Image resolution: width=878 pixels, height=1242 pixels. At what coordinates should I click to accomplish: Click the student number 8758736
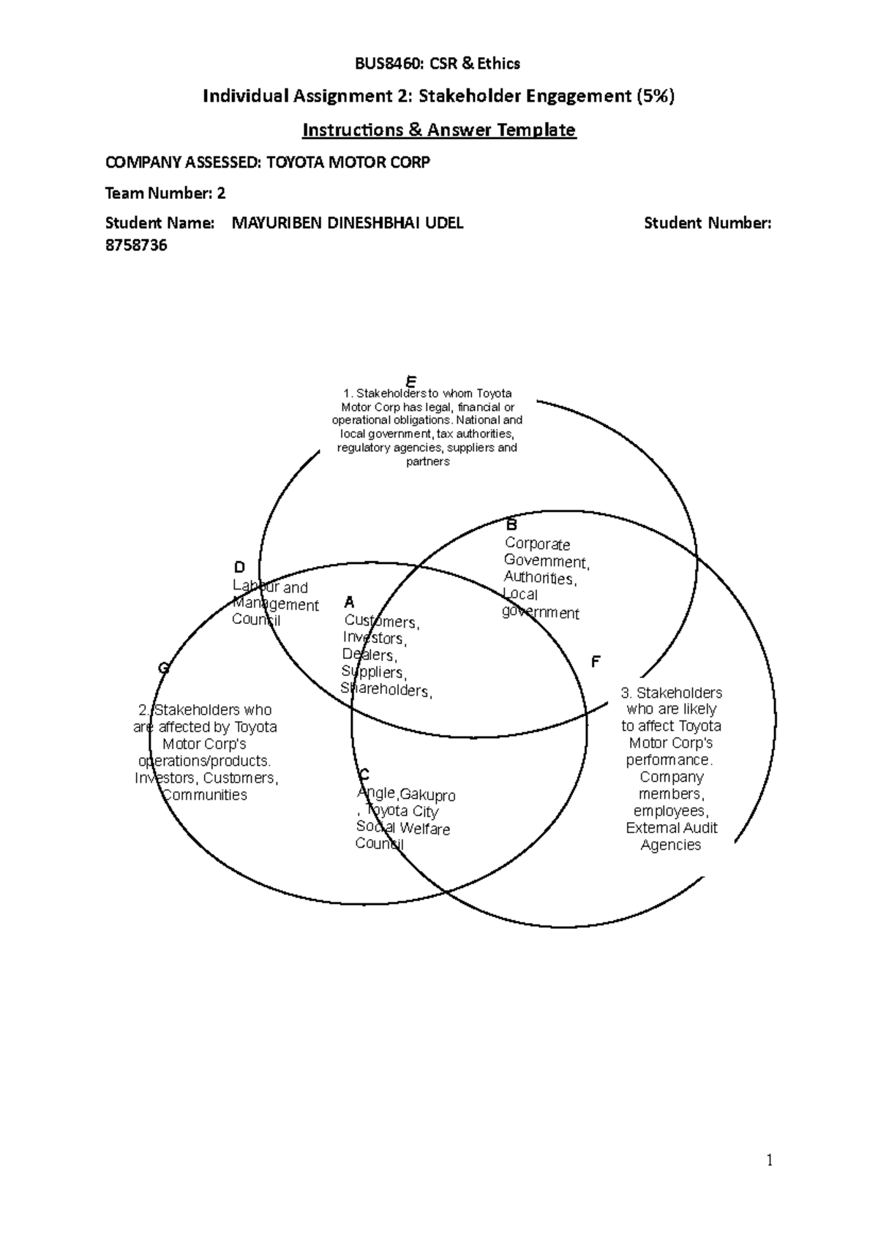(x=136, y=245)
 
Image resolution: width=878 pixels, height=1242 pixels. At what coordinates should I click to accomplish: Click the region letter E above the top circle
(x=411, y=382)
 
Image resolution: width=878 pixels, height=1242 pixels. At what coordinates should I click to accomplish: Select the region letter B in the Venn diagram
(x=512, y=524)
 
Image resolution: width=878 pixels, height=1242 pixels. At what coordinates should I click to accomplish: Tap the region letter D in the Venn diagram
(x=239, y=568)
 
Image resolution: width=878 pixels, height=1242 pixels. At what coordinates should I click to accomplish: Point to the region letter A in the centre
(x=349, y=603)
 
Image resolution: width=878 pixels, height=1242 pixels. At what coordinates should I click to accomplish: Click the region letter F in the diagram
(x=596, y=662)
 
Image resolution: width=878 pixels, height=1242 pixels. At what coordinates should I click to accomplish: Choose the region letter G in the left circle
(x=164, y=668)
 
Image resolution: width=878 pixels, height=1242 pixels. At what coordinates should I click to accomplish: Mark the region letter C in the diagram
(x=364, y=775)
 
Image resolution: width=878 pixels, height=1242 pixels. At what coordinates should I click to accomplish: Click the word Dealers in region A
(x=369, y=655)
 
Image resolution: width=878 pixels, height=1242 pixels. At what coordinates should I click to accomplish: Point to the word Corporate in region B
(x=537, y=544)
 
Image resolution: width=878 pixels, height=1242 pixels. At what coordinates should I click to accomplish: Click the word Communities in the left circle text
(x=205, y=795)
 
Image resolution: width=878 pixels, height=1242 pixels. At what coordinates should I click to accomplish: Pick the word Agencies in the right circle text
(x=671, y=845)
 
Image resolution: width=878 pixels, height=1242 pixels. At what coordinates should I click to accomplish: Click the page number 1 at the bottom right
(x=769, y=1160)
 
